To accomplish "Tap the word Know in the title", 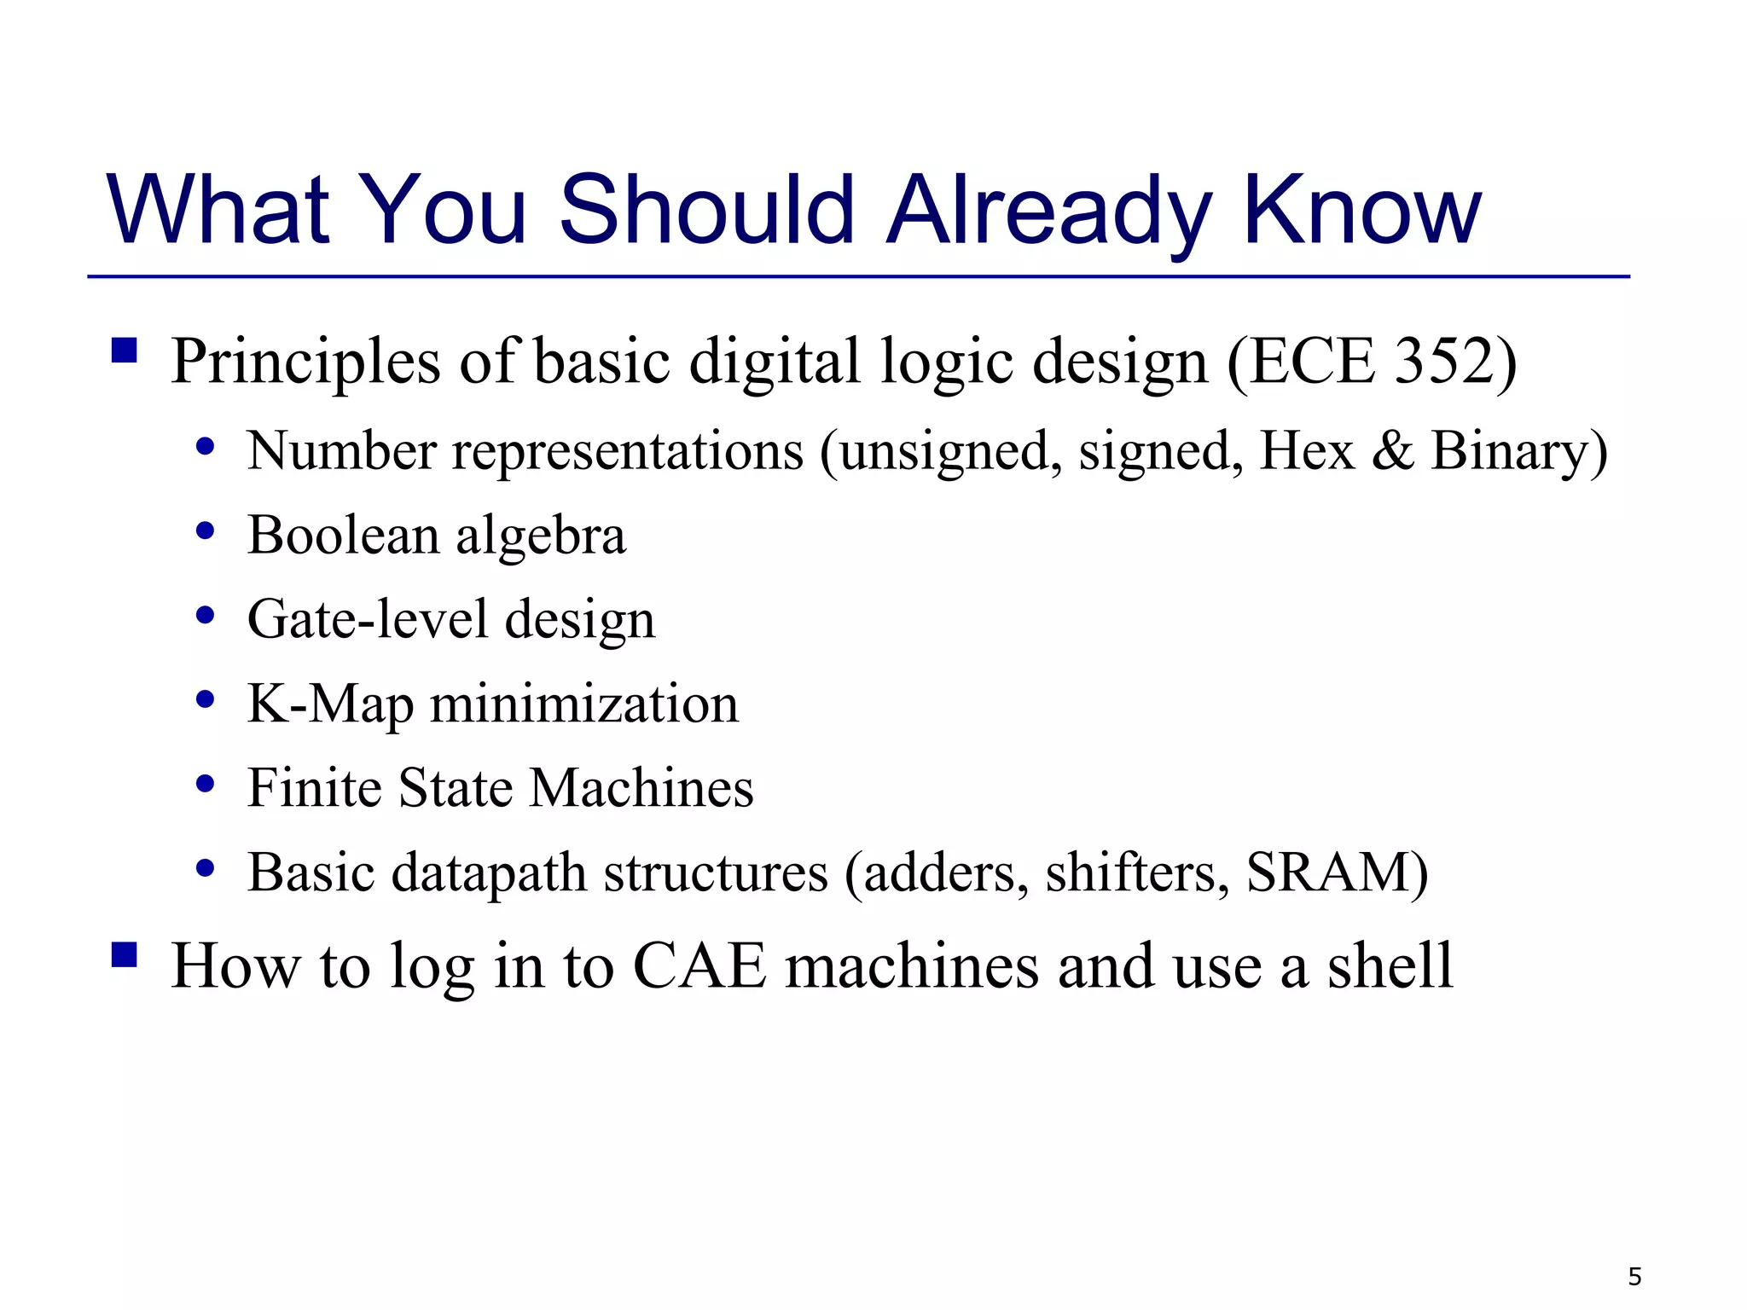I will coord(1361,210).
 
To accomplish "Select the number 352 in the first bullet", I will coord(1442,362).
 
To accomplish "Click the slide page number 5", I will coord(1634,1277).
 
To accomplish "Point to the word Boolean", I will coord(343,536).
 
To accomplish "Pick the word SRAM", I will coord(1327,872).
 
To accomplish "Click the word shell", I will coord(1390,966).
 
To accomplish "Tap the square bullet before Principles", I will coord(125,351).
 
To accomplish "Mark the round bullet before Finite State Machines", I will coord(205,784).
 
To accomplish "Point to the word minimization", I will coord(584,704).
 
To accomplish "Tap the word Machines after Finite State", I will coord(641,787).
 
